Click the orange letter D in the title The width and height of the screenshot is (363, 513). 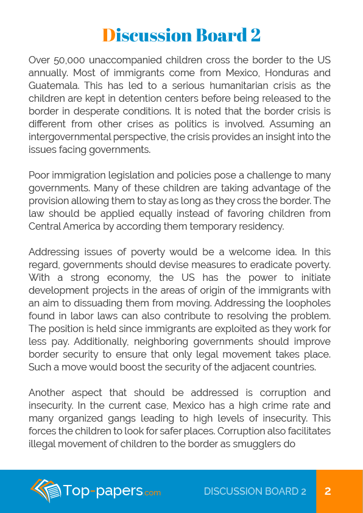[x=108, y=35]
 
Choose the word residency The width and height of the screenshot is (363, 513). [x=262, y=226]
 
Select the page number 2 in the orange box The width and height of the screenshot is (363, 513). [x=328, y=491]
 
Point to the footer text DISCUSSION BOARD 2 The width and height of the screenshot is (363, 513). [x=255, y=491]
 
